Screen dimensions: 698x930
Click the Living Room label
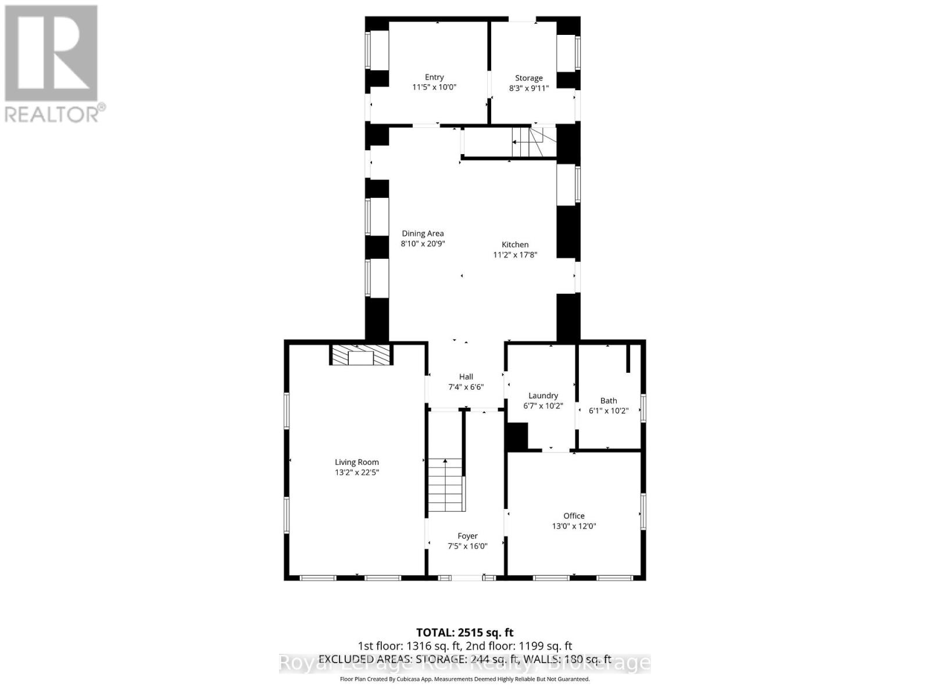pos(356,462)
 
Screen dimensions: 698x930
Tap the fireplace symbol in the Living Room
pos(361,355)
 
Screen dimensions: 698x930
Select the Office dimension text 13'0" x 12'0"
pos(574,526)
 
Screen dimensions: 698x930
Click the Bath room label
pos(609,400)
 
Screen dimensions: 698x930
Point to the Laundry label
pos(543,396)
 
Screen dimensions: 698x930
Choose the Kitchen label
pos(515,244)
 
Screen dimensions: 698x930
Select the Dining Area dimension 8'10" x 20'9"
pos(423,244)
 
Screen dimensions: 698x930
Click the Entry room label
pos(434,77)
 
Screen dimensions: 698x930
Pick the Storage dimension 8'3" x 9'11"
pos(528,88)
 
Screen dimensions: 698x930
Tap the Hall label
pos(466,376)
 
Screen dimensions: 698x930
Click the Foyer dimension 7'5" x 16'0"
pos(467,546)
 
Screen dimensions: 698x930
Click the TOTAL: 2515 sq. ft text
pos(464,632)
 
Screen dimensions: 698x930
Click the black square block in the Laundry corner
pos(517,436)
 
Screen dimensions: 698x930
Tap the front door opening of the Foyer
pos(467,578)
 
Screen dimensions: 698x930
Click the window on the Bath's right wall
pos(643,407)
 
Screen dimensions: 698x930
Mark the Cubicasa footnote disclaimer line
pos(464,679)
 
